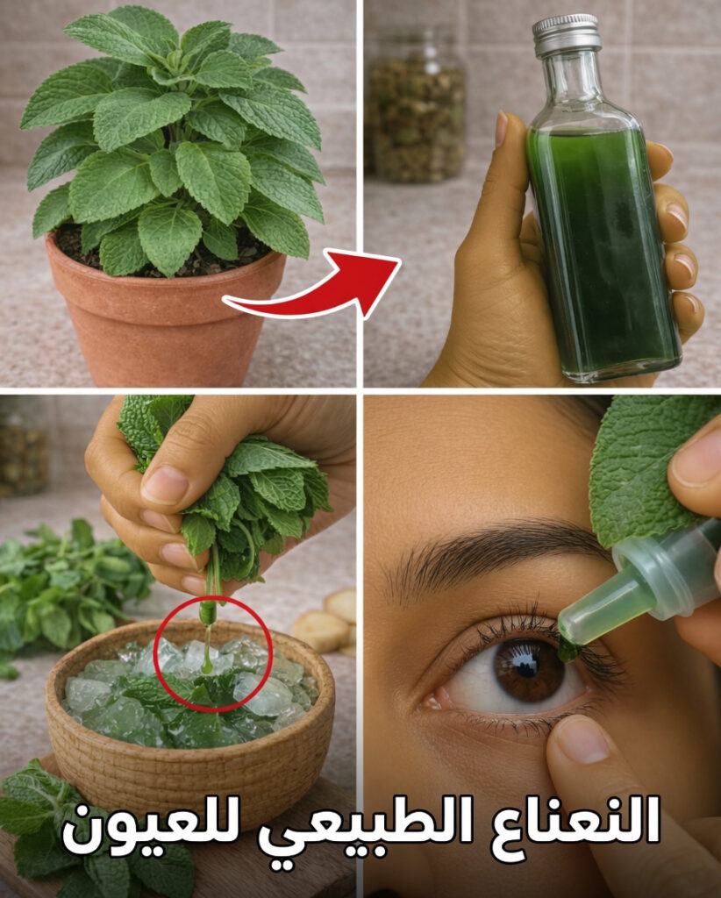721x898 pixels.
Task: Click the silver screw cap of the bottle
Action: [567, 35]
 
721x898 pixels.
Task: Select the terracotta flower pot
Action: [166, 313]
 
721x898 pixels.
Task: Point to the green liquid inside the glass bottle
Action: [603, 247]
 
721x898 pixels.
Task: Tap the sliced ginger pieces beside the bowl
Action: [329, 622]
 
